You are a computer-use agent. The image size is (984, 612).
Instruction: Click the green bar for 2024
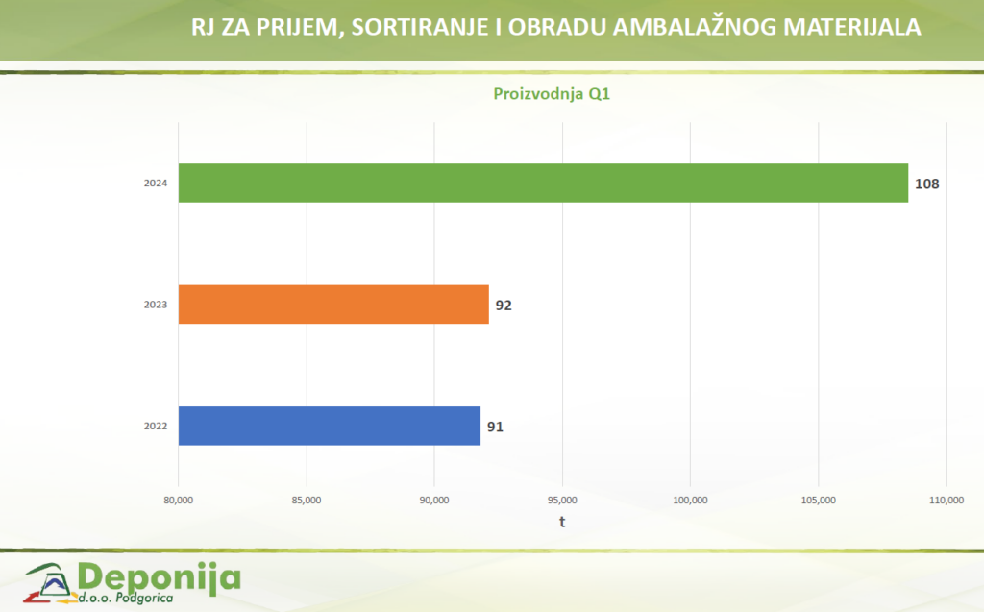coord(543,183)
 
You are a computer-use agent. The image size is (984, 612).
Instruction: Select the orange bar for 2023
coord(333,305)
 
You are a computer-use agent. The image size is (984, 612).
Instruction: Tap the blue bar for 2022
coord(329,426)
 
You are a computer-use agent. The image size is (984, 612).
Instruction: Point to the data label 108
coord(926,184)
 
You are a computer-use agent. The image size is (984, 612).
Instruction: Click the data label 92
coord(504,306)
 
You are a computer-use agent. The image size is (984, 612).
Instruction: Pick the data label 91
coord(495,427)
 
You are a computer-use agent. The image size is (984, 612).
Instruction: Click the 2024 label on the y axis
coord(156,184)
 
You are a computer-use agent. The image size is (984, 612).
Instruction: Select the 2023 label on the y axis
coord(156,305)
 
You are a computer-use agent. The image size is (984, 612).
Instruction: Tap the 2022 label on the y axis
coord(156,427)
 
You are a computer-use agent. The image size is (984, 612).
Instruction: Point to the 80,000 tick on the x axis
coord(179,500)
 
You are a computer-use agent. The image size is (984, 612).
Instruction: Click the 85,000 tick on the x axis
coord(307,500)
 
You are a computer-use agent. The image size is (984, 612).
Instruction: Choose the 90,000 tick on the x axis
coord(434,500)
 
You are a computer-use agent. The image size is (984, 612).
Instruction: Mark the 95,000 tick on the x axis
coord(562,500)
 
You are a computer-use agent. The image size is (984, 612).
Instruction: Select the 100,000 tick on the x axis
coord(690,500)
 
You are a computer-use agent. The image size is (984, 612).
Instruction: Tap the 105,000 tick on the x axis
coord(818,500)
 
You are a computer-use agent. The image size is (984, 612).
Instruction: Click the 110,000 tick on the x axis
coord(947,500)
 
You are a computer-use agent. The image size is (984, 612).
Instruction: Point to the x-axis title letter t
coord(563,523)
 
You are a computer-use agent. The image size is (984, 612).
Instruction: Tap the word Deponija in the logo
coord(160,577)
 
